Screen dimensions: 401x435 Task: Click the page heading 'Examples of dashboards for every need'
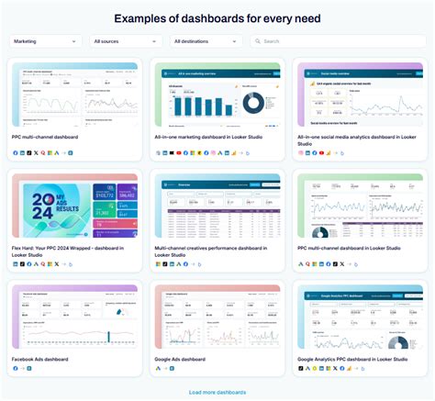point(217,17)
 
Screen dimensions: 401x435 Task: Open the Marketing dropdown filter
point(46,41)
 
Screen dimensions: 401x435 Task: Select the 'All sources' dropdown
point(126,41)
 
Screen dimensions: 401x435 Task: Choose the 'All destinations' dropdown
point(206,41)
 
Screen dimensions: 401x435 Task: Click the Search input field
point(340,41)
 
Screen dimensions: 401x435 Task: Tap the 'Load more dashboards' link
point(217,392)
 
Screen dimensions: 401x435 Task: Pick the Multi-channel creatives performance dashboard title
point(212,248)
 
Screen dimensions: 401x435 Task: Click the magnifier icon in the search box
point(257,41)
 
